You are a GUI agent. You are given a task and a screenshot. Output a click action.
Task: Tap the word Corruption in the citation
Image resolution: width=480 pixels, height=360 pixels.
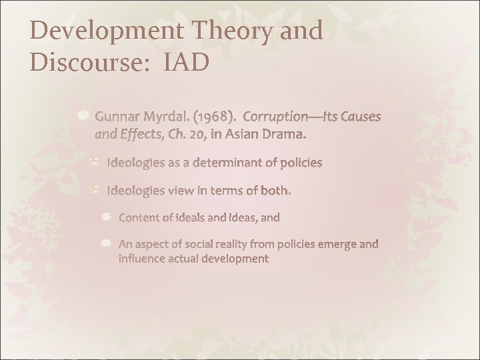(280, 117)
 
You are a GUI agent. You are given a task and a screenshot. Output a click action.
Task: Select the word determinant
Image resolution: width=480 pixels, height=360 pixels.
(237, 163)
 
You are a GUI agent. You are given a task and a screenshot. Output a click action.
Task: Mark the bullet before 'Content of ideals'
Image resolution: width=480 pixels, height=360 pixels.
(107, 217)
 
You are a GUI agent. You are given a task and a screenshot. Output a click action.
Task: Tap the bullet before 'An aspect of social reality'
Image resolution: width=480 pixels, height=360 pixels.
(107, 244)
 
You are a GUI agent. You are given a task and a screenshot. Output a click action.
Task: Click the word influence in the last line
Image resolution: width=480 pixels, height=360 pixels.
(143, 258)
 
